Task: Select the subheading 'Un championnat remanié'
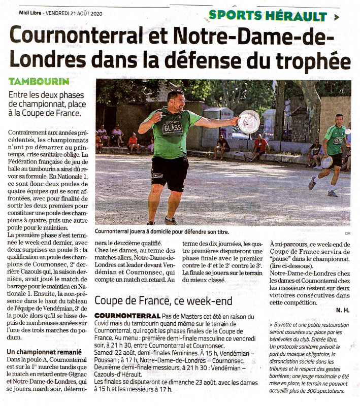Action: pyautogui.click(x=44, y=352)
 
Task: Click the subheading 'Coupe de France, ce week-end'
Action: pyautogui.click(x=163, y=300)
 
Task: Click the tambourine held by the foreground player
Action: pyautogui.click(x=249, y=122)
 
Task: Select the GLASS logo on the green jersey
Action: pyautogui.click(x=173, y=128)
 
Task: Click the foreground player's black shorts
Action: pyautogui.click(x=170, y=173)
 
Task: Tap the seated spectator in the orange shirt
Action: pyautogui.click(x=133, y=142)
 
